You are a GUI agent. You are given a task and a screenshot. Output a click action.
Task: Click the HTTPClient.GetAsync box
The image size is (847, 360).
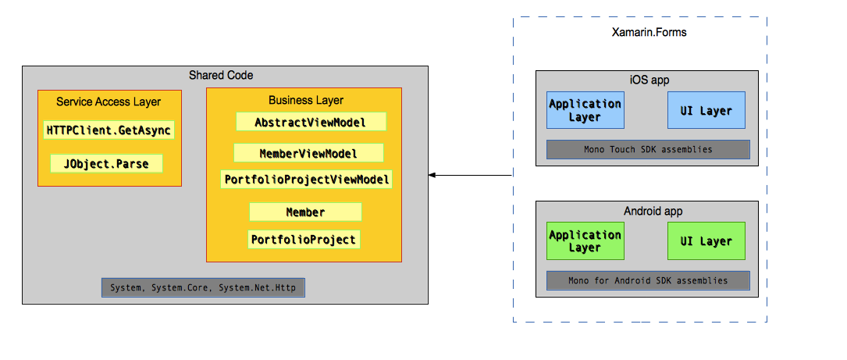(109, 130)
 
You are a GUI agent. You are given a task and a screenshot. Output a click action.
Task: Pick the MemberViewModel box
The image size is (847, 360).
(308, 153)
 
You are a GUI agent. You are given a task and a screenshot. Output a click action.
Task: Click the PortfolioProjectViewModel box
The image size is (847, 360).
(306, 180)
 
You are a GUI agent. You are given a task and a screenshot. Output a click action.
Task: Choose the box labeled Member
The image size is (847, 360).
(305, 212)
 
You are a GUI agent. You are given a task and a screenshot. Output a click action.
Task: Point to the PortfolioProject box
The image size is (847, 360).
(304, 240)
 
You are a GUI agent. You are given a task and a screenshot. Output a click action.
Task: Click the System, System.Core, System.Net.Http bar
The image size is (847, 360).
(203, 287)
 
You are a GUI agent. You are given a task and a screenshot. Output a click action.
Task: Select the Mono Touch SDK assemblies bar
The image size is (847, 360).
(648, 149)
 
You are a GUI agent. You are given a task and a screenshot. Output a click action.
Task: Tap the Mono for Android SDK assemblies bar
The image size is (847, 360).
(648, 280)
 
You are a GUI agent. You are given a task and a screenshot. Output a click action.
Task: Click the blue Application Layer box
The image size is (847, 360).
(585, 110)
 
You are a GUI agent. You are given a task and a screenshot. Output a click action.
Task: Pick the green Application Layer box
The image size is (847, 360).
(585, 241)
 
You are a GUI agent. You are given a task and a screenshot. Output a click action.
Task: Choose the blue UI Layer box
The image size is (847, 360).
(706, 110)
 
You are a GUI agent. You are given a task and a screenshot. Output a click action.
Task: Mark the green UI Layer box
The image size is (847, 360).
(706, 241)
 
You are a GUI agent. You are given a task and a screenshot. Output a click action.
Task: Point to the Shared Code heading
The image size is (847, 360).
(221, 75)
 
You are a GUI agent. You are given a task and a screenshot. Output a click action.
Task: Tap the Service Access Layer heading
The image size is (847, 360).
(109, 102)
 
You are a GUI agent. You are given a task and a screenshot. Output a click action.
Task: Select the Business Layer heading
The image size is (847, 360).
(306, 100)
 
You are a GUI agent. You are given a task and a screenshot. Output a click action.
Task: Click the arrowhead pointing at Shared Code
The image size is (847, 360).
(432, 176)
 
